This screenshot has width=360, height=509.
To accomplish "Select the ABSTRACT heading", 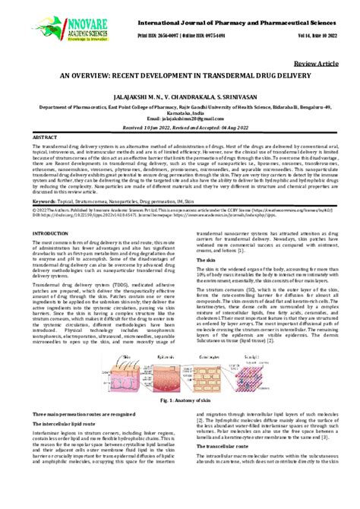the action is (44, 136).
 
